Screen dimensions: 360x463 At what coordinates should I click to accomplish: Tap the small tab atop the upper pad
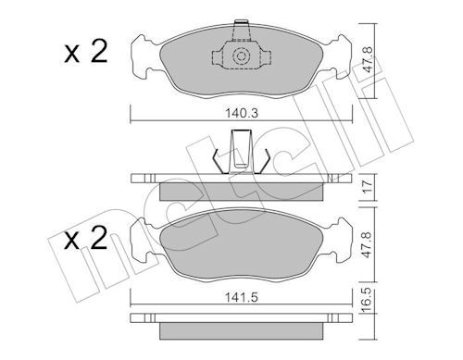point(240,23)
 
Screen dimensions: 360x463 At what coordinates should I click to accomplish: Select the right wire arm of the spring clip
point(265,159)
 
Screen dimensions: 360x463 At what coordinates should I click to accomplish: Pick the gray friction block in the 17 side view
point(240,191)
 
